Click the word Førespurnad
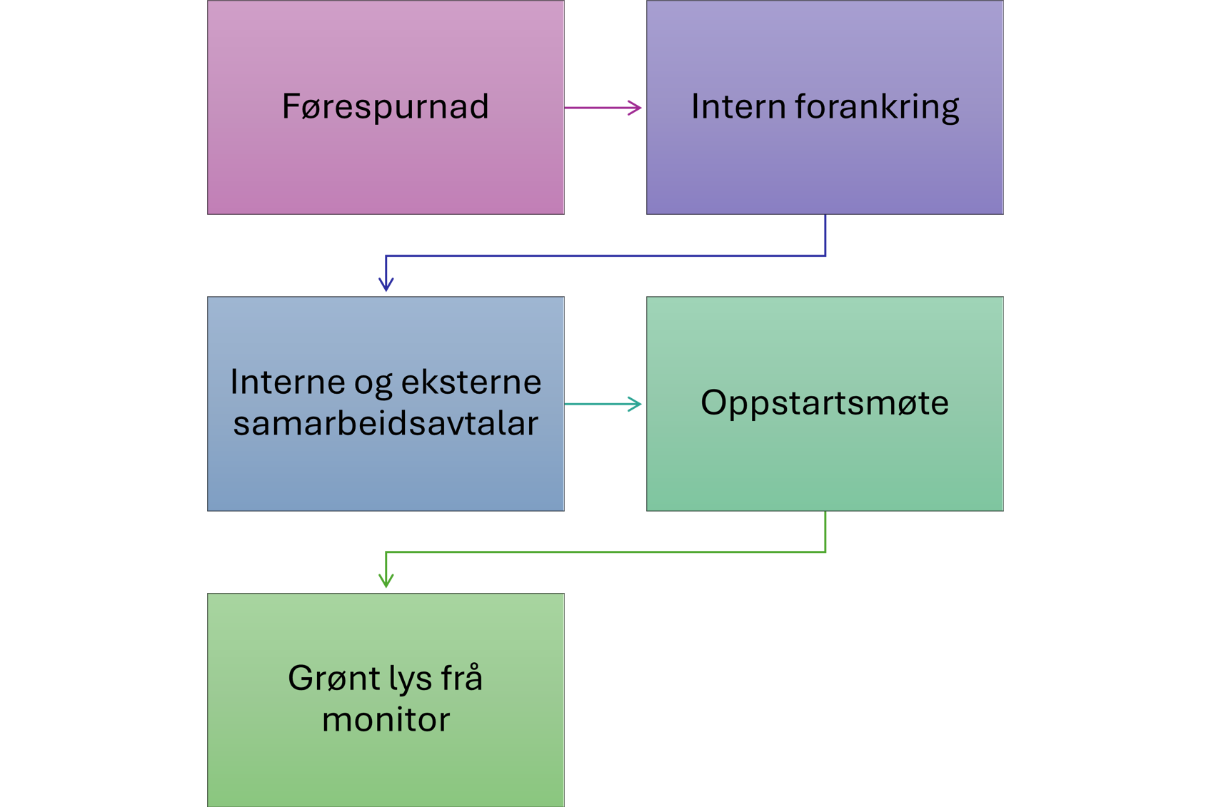point(385,107)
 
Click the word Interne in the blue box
point(287,382)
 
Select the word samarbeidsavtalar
point(386,423)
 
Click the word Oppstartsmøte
point(824,402)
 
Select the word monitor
point(386,719)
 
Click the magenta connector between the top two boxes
point(597,168)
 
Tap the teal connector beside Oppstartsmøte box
point(604,464)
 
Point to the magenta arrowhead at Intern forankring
point(637,106)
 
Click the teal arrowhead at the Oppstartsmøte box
point(637,404)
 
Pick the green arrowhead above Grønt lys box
point(386,584)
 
